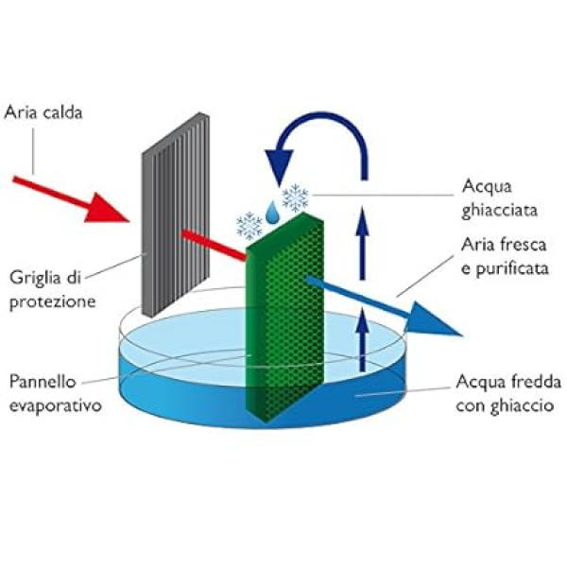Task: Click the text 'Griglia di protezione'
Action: pyautogui.click(x=53, y=291)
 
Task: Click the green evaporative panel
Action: pyautogui.click(x=283, y=312)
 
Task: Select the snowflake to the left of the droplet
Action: pyautogui.click(x=249, y=225)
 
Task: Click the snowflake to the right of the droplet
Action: pyautogui.click(x=296, y=198)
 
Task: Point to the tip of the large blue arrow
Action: pyautogui.click(x=461, y=335)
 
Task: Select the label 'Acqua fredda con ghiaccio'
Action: pyautogui.click(x=499, y=394)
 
